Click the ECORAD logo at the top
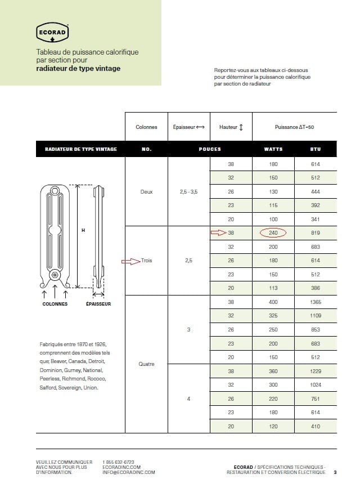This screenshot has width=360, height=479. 52,33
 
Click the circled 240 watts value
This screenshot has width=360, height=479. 273,232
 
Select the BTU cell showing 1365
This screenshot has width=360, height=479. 315,302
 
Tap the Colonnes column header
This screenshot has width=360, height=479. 146,127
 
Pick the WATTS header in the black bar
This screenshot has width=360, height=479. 273,149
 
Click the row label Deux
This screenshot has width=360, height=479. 146,191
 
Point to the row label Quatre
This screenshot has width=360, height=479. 146,364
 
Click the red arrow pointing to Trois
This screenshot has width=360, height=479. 130,261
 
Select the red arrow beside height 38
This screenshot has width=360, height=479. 218,232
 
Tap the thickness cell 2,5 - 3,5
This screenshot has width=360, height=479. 188,191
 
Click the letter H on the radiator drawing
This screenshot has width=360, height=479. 83,230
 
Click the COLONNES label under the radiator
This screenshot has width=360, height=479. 55,304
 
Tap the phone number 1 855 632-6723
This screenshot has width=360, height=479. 119,462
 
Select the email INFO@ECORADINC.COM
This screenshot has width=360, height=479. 129,473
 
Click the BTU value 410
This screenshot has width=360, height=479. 315,426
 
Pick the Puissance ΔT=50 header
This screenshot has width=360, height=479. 294,127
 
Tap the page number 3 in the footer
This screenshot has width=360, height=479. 335,472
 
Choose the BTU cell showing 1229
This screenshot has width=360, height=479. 315,371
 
